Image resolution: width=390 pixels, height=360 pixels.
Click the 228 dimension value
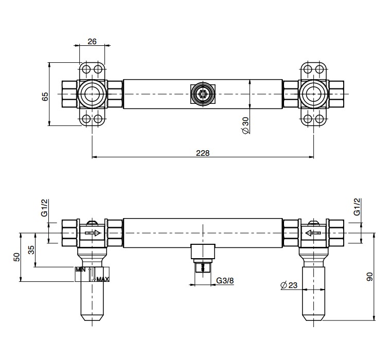pyautogui.click(x=203, y=153)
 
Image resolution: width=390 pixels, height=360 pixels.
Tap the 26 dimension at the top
pyautogui.click(x=92, y=41)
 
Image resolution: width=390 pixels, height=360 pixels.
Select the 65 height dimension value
pyautogui.click(x=45, y=96)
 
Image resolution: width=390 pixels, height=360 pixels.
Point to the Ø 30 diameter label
pyautogui.click(x=245, y=125)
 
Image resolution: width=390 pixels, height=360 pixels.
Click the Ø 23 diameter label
pyautogui.click(x=289, y=285)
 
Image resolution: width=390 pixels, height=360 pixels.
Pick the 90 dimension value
pyautogui.click(x=370, y=277)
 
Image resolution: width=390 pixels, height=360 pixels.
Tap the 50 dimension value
pyautogui.click(x=16, y=257)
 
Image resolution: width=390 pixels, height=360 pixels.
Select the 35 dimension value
pyautogui.click(x=31, y=250)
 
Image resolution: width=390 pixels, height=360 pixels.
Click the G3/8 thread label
pyautogui.click(x=225, y=280)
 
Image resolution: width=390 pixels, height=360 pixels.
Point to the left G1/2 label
pyautogui.click(x=45, y=208)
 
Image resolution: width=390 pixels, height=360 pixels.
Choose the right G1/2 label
pyautogui.click(x=357, y=207)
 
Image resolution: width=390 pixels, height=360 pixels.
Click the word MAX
pyautogui.click(x=103, y=279)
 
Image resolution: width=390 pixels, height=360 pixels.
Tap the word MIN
pyautogui.click(x=80, y=269)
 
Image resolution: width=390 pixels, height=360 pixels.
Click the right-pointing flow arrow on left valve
pyautogui.click(x=93, y=233)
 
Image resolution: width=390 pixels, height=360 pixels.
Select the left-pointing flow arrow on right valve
pyautogui.click(x=313, y=233)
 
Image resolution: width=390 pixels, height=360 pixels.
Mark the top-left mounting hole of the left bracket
pyautogui.click(x=86, y=69)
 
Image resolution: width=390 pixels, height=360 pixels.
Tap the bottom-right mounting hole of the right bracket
pyautogui.click(x=320, y=119)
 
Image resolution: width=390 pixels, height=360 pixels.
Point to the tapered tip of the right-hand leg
pyautogui.click(x=313, y=318)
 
